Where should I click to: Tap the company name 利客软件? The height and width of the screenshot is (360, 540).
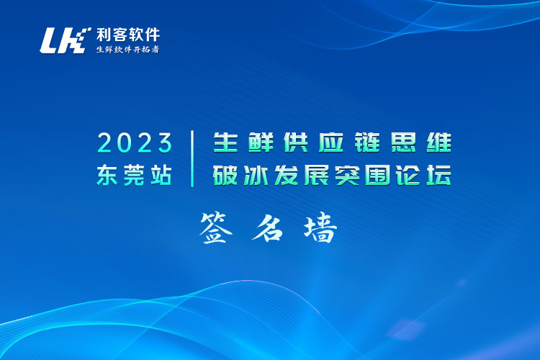click(128, 34)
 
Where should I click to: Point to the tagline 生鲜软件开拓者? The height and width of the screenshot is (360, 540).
click(127, 50)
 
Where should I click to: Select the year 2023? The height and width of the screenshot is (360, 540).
click(135, 143)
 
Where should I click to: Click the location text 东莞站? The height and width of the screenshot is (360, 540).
click(135, 175)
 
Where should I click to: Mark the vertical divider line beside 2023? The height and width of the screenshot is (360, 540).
click(193, 158)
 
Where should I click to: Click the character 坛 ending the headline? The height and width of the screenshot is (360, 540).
click(440, 175)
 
